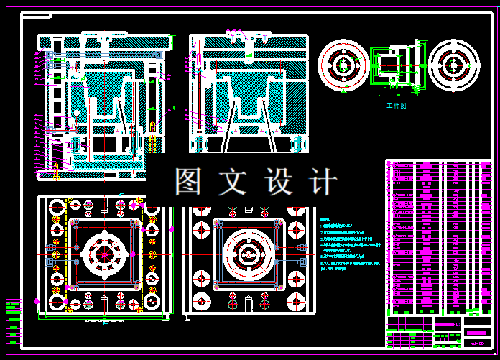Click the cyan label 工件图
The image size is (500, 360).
[397, 106]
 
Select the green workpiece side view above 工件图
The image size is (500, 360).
[394, 68]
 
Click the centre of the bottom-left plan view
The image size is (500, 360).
[105, 254]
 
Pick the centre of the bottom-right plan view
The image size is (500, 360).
[249, 254]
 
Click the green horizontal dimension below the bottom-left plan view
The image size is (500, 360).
[105, 320]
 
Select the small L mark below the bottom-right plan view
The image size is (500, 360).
[186, 316]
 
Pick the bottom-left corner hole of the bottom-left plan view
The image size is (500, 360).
[56, 303]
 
